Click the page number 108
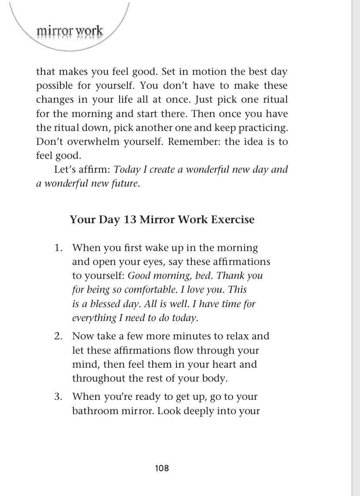click(x=162, y=468)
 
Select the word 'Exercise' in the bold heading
click(x=232, y=219)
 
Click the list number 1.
click(x=58, y=248)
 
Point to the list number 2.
click(x=58, y=336)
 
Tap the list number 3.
click(x=58, y=397)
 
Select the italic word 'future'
click(x=126, y=184)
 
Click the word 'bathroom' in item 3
click(x=93, y=411)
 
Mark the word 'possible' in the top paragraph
click(x=53, y=85)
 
